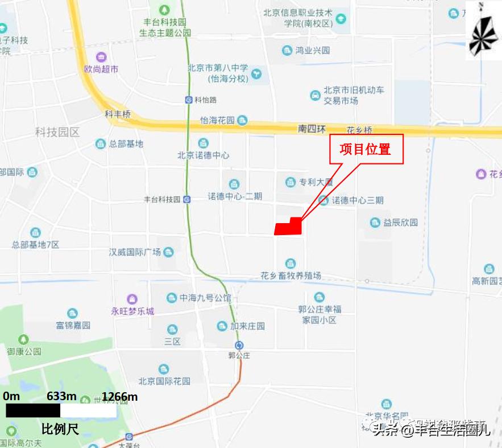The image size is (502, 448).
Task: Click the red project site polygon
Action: click(288, 227)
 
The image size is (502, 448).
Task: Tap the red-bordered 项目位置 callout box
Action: click(366, 149)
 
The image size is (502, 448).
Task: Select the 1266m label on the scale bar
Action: click(119, 397)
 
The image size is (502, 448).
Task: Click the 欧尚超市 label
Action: click(101, 69)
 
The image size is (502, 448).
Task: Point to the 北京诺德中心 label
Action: click(203, 155)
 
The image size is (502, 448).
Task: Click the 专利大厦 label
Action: click(316, 183)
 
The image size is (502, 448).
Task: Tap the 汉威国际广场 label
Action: click(135, 252)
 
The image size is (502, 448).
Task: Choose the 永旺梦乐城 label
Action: click(132, 311)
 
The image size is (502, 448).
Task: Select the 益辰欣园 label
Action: click(400, 223)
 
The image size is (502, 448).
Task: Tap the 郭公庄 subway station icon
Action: click(239, 345)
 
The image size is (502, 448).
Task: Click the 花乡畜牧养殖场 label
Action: click(291, 276)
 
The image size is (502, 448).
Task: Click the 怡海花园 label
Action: click(217, 121)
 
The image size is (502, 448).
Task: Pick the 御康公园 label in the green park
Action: click(24, 351)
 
